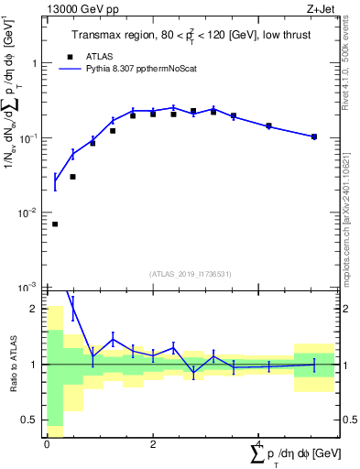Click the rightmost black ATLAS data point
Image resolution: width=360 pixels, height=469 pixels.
coord(314,136)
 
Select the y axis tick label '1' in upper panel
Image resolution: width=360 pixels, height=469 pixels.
coord(36,63)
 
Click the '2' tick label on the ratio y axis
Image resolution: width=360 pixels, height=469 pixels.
coord(36,309)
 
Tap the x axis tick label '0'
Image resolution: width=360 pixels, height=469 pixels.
coord(47,442)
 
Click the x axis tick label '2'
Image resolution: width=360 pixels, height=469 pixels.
coord(153,442)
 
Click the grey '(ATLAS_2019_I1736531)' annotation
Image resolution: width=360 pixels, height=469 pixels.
coord(190,274)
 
